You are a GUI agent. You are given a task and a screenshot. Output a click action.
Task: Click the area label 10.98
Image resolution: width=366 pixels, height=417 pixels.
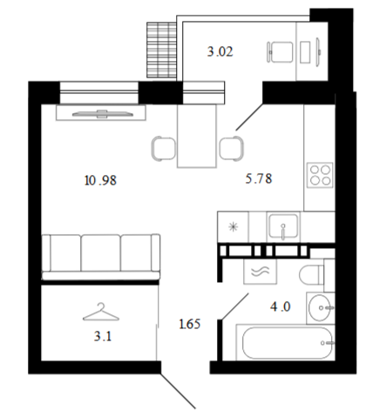(100, 180)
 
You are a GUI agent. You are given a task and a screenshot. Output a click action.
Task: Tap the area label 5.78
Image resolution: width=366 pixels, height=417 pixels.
(259, 178)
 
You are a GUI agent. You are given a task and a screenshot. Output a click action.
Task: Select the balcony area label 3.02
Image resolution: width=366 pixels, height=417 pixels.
(220, 51)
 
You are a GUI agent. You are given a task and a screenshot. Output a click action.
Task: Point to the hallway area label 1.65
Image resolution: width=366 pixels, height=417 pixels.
(190, 324)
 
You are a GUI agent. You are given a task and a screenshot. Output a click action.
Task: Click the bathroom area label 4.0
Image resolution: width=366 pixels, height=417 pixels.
(281, 306)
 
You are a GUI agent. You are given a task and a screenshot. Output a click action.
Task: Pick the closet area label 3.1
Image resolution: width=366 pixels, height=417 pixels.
(103, 336)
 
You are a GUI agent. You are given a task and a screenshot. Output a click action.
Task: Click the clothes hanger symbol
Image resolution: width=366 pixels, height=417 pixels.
(101, 313)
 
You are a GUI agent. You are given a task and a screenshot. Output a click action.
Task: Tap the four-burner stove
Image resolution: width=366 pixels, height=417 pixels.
(320, 175)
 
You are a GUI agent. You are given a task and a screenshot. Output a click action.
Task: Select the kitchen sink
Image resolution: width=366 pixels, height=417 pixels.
(283, 226)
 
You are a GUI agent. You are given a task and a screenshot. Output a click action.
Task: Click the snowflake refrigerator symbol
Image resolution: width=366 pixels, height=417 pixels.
(233, 226)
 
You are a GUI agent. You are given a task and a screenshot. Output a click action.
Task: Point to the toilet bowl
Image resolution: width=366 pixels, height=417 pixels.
(311, 275)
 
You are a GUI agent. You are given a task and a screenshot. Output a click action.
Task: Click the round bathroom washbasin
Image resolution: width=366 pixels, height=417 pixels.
(320, 308)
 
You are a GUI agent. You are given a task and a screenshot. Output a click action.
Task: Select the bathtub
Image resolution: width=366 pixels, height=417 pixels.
(286, 342)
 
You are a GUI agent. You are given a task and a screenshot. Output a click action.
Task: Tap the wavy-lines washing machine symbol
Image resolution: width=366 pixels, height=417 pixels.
(260, 272)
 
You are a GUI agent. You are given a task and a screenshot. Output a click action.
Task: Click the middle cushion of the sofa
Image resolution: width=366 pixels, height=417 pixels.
(100, 253)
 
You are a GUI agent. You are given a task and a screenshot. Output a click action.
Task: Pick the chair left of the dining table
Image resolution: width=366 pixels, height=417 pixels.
(163, 148)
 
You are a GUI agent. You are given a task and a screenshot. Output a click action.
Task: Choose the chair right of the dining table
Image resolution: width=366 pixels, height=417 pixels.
(232, 148)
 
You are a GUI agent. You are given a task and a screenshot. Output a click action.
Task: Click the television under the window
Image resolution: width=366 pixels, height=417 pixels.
(103, 114)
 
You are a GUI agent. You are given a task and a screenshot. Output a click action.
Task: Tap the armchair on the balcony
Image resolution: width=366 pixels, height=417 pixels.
(280, 52)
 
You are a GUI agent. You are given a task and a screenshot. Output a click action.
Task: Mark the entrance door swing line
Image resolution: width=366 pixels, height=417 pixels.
(178, 391)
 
